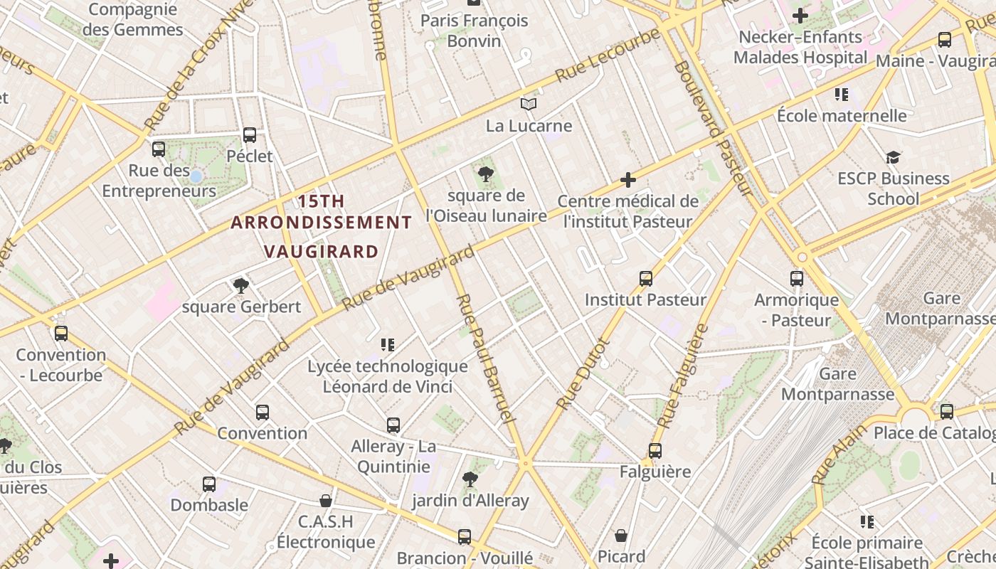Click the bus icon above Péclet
[249, 135]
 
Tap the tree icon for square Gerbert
[241, 286]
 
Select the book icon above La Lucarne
[528, 105]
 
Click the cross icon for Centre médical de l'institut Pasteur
[627, 180]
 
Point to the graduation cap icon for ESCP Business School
[893, 157]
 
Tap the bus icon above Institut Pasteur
[645, 279]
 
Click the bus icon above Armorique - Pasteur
[796, 279]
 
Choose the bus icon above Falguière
[655, 450]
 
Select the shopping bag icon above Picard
[621, 535]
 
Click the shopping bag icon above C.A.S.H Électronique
[325, 501]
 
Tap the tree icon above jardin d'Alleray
[470, 479]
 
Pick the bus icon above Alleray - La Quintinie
[393, 425]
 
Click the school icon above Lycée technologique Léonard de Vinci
[387, 345]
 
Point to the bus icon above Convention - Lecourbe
[61, 333]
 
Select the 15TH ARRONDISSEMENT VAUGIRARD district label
[322, 226]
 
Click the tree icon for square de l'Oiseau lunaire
[486, 174]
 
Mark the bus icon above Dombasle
[208, 484]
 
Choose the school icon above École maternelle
[842, 94]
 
